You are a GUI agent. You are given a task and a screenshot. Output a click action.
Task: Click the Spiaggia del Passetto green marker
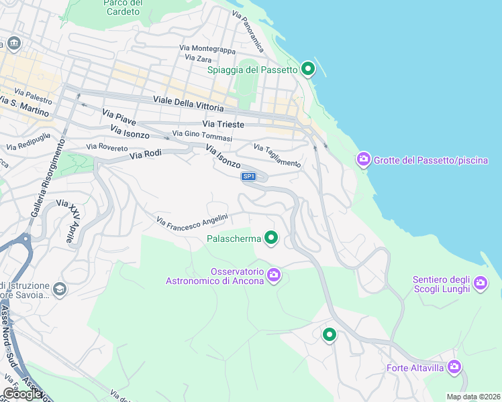coord(308,68)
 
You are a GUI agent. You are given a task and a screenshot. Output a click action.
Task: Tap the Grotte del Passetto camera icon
coord(363,159)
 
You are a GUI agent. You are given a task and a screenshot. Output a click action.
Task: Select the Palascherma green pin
coord(271,238)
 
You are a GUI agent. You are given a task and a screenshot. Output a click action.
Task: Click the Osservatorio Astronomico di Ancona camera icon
coord(273,275)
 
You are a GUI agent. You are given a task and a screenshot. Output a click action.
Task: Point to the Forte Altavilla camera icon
coord(454,366)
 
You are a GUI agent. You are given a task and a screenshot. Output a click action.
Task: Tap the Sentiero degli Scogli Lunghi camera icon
coord(480,283)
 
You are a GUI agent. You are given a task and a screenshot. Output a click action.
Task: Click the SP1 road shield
coord(249,176)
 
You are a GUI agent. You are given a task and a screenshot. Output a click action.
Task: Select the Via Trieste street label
coord(223,125)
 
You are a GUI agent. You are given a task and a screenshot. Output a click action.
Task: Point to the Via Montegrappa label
coord(207,49)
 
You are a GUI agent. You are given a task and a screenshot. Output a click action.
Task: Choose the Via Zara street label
coord(199,59)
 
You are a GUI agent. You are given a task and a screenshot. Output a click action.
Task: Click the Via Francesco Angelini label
coord(193,219)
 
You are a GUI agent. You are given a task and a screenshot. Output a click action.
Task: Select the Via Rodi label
coord(146,154)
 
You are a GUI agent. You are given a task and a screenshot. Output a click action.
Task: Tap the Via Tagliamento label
coord(277,155)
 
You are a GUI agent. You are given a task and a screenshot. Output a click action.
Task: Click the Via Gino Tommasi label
coord(202,136)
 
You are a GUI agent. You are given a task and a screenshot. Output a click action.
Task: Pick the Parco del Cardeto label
coord(123,7)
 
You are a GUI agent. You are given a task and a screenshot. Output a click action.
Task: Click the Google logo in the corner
coord(22,394)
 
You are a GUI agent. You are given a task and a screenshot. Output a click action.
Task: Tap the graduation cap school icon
coord(59,289)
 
